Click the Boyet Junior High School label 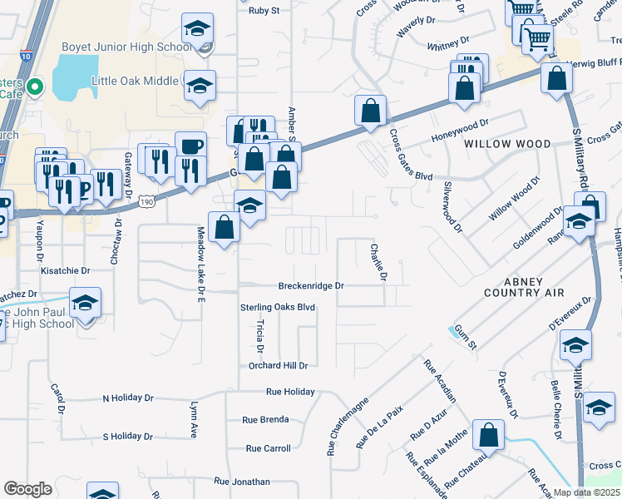(x=126, y=47)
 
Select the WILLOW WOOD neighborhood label (x=507, y=144)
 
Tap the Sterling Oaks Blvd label (x=278, y=307)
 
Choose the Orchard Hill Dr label (x=279, y=365)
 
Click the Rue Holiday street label (x=290, y=391)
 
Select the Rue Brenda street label (x=266, y=419)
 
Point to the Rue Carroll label (x=268, y=448)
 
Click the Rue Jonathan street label (x=242, y=481)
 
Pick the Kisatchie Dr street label (x=65, y=270)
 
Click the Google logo (x=27, y=489)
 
